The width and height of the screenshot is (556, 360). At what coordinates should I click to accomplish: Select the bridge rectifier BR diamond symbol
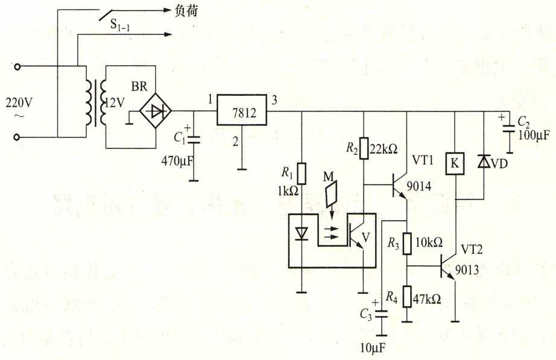(156, 111)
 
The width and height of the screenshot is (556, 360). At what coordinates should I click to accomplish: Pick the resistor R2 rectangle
(364, 148)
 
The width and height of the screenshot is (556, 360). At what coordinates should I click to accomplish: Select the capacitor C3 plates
(381, 314)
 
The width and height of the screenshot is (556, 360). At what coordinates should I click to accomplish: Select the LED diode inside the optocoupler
(302, 232)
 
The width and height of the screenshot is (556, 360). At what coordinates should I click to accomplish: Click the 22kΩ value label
(384, 149)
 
